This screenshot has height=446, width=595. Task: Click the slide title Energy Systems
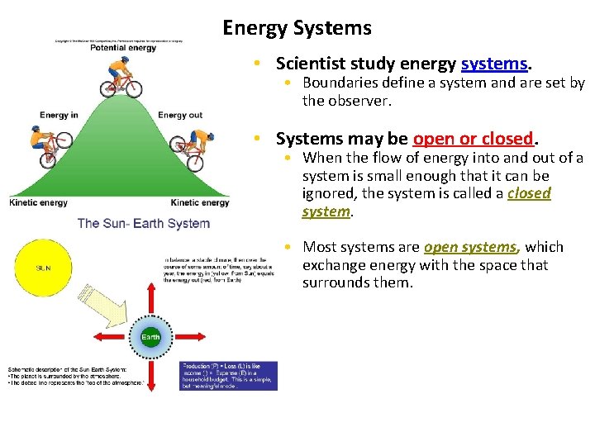(x=297, y=28)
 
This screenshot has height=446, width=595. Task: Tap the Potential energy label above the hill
(x=124, y=48)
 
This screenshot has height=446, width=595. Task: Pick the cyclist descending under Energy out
(x=196, y=149)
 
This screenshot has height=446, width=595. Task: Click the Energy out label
(x=180, y=115)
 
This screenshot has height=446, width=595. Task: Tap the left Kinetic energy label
(x=38, y=203)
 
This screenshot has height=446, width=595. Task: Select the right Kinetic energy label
(x=200, y=203)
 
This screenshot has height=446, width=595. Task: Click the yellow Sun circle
(x=42, y=268)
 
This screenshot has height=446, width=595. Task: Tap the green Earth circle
(x=150, y=337)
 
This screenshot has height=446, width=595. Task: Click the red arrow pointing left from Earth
(x=108, y=337)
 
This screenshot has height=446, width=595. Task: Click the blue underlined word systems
(x=494, y=64)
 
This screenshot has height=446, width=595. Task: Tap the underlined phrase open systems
(x=469, y=247)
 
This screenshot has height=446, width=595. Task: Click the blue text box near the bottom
(x=229, y=376)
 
